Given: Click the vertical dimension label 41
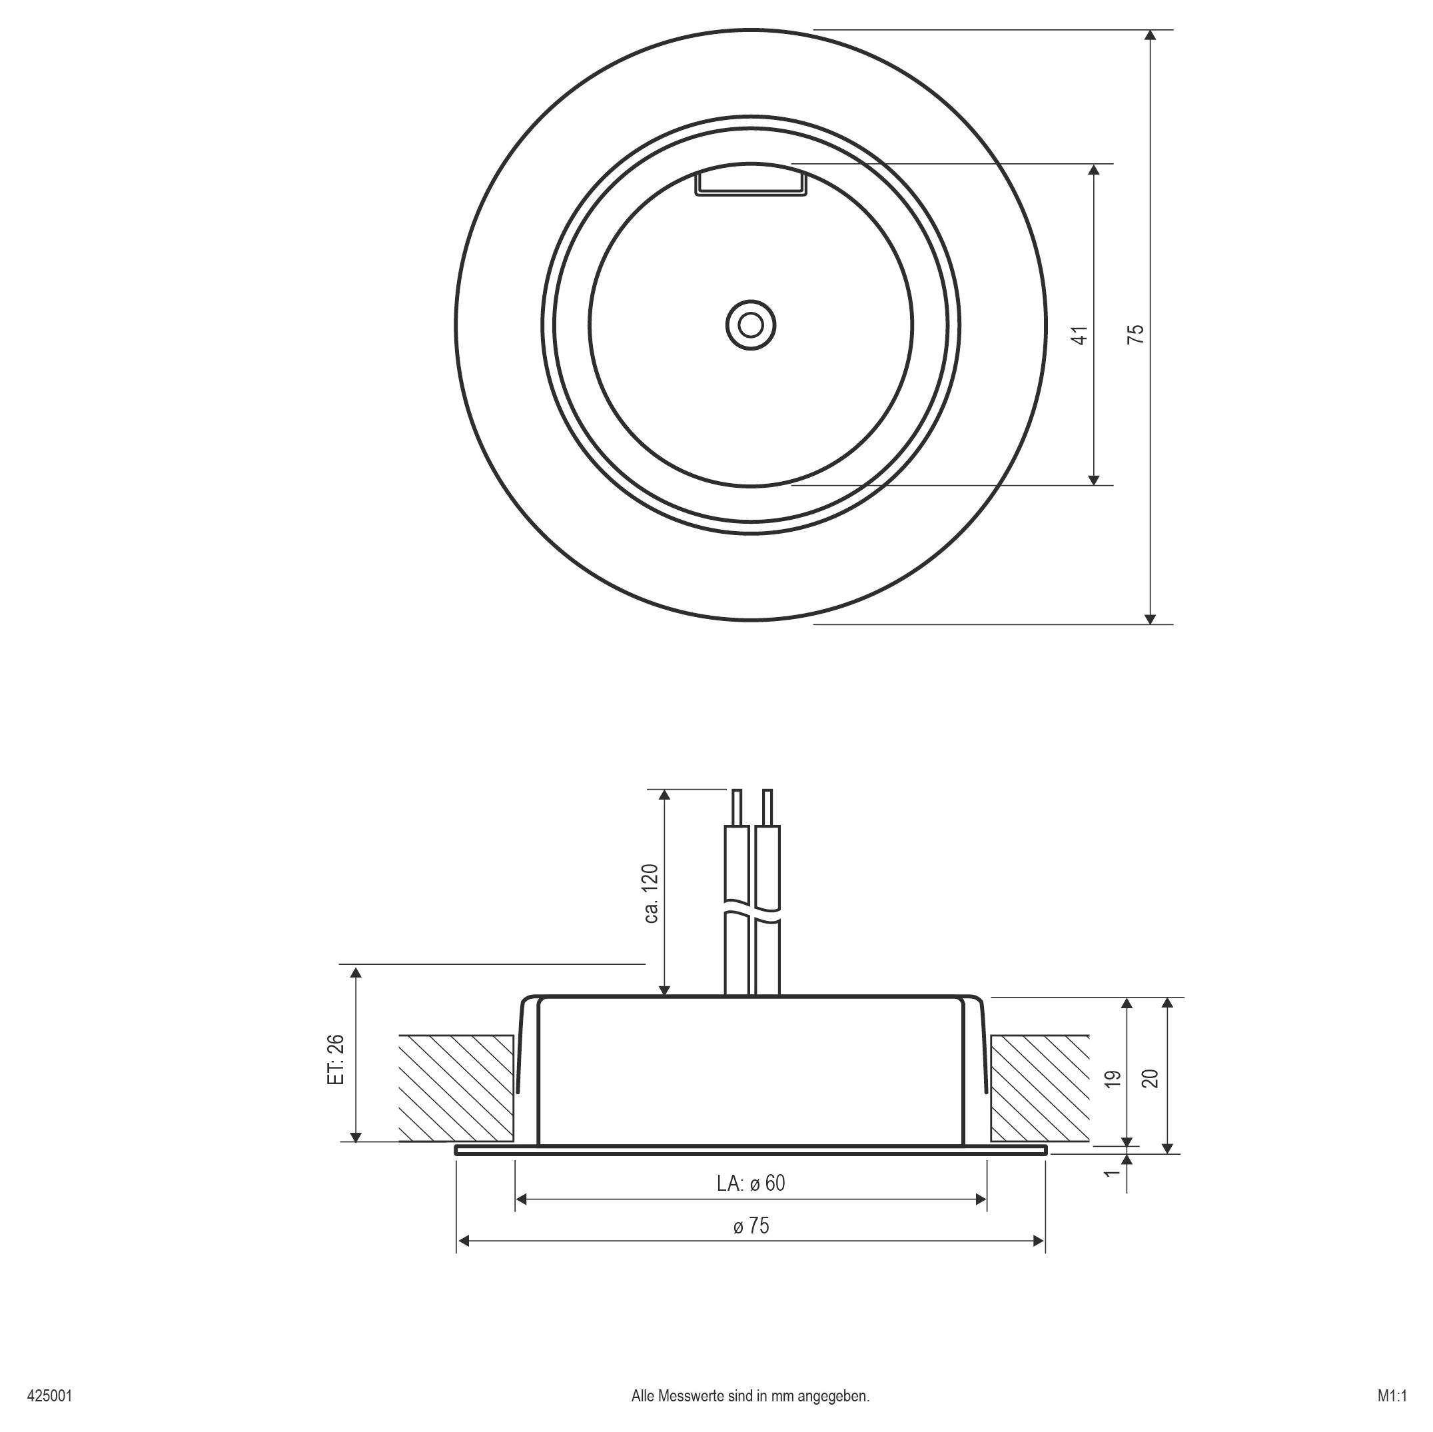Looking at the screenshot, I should tap(1081, 335).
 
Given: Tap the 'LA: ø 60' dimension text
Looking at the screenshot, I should tap(751, 1183).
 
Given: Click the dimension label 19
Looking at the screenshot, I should tap(1112, 1079).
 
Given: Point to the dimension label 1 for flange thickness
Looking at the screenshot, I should tap(1111, 1173).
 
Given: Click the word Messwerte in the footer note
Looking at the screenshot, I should tap(692, 1395).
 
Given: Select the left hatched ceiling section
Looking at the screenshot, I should tap(457, 1087).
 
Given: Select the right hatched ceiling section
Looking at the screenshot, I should tap(1040, 1087).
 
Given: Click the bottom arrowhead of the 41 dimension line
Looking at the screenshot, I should tap(1094, 480).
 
